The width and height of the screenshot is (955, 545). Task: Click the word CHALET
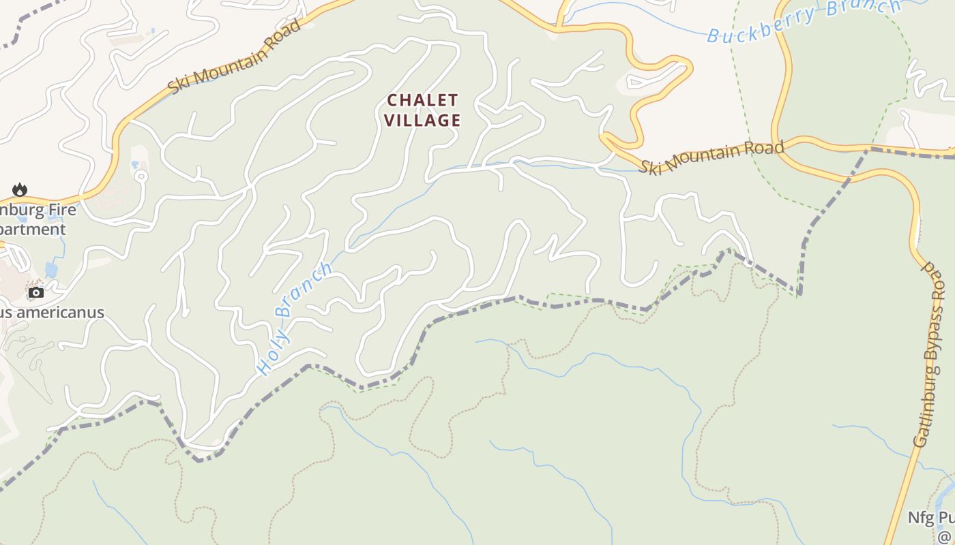pos(422,101)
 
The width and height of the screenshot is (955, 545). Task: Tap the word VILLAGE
pos(422,121)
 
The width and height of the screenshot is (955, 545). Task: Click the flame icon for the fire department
pos(20,190)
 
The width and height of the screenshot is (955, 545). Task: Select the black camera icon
pos(36,292)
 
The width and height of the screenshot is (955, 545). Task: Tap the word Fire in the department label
pos(59,211)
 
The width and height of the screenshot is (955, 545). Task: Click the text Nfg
pos(920,518)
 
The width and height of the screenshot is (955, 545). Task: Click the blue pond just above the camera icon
pos(51,270)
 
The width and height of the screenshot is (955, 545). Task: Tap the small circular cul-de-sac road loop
pos(141,176)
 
